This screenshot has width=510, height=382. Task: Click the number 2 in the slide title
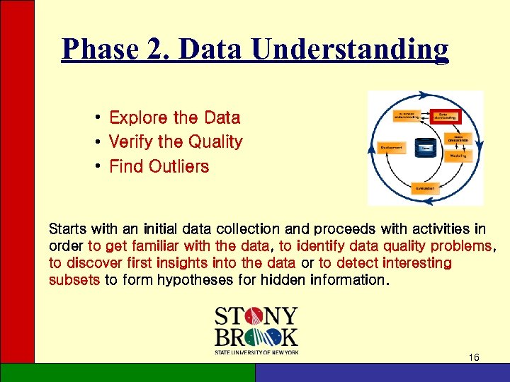(x=160, y=50)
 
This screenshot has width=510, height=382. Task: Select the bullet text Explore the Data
(x=174, y=117)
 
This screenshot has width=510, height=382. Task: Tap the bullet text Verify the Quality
(x=175, y=142)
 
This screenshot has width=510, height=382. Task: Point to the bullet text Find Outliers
(x=159, y=167)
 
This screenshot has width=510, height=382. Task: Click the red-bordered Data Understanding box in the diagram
(x=446, y=115)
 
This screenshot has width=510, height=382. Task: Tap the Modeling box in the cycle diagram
(x=457, y=156)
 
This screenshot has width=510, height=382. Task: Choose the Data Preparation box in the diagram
(x=458, y=138)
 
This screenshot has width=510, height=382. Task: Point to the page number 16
(x=474, y=358)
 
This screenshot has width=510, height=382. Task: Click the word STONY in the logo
(x=256, y=316)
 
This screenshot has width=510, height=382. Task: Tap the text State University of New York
(x=256, y=352)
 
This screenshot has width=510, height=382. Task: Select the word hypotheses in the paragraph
(x=205, y=280)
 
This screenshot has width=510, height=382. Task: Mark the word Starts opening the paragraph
(x=67, y=229)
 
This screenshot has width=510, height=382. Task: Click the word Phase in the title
(x=99, y=50)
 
